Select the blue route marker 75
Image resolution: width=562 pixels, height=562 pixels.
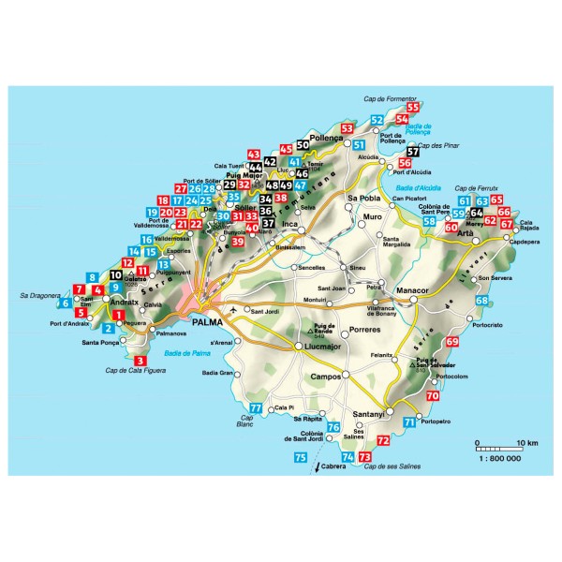[300, 457]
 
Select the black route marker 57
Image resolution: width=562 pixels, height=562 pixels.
[413, 152]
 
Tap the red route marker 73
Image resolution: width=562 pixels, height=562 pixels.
[364, 456]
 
